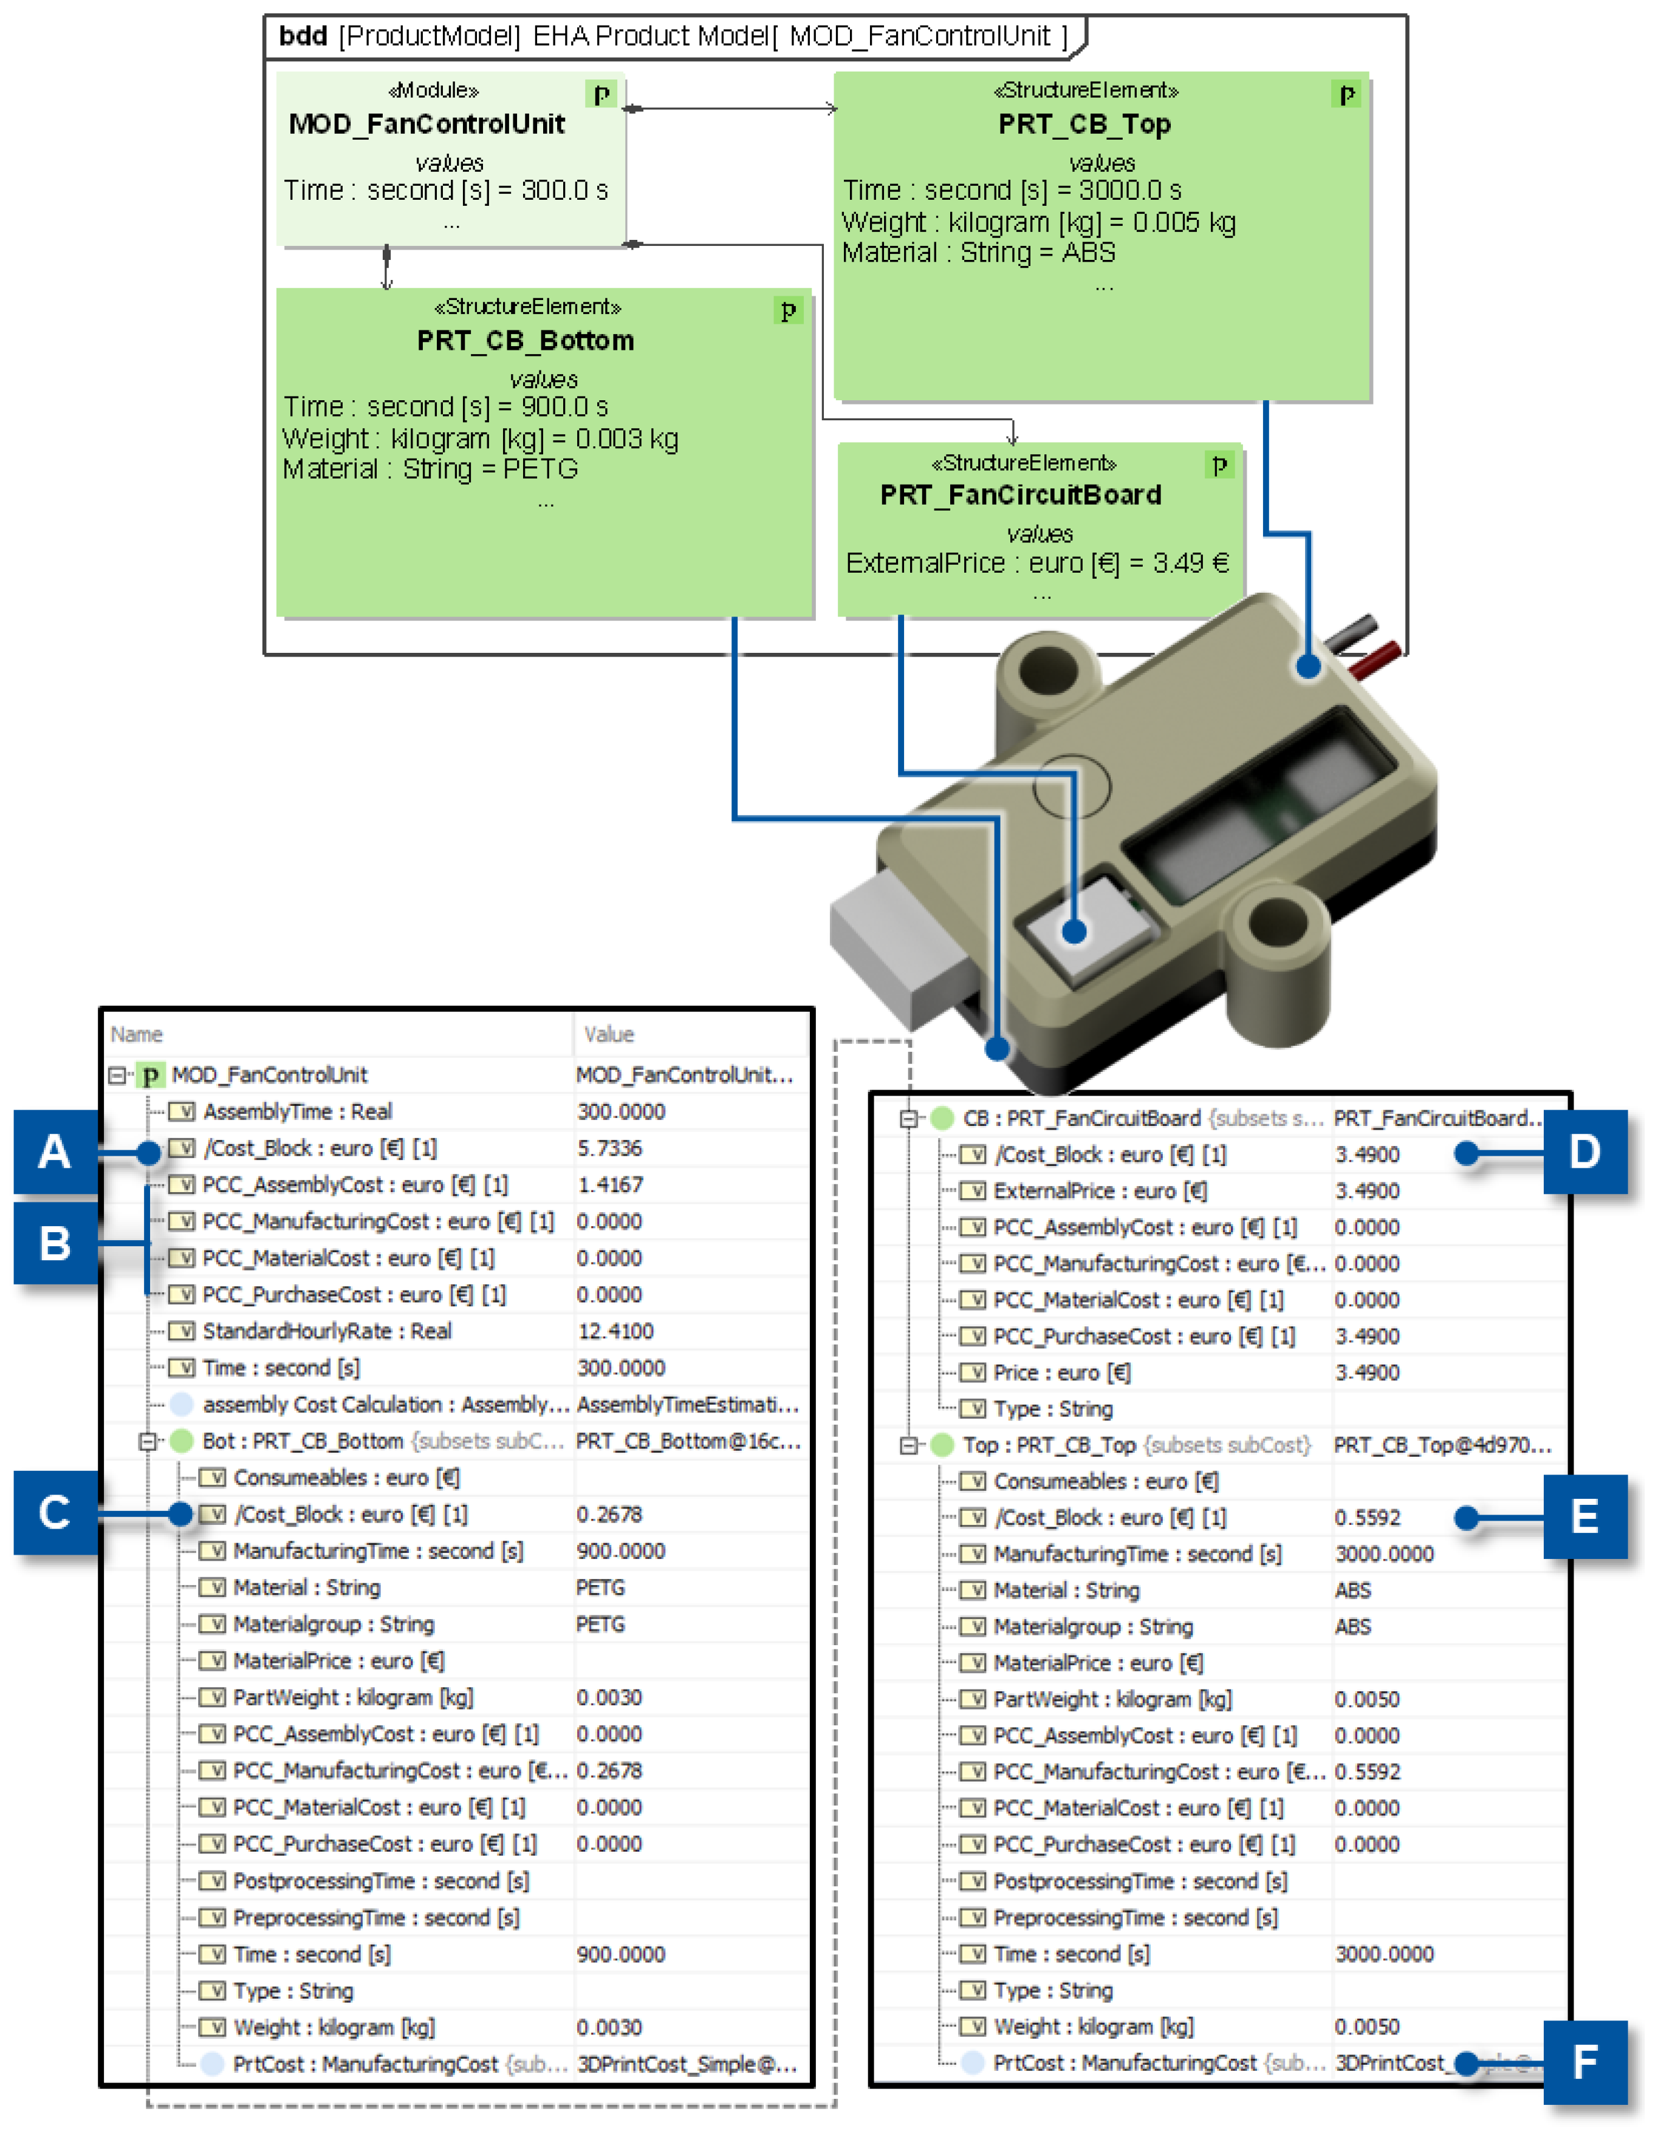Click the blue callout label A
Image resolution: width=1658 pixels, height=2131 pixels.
(55, 1151)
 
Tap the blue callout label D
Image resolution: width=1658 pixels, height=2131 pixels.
(1584, 1151)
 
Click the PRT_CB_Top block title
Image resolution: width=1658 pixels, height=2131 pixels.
(1083, 124)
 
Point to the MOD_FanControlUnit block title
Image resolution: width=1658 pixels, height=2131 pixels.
(426, 124)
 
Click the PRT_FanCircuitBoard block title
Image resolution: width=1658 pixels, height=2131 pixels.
(1020, 495)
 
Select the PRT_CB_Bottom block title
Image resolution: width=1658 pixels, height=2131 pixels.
(525, 341)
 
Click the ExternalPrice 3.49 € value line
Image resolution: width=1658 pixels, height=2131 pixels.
(1036, 563)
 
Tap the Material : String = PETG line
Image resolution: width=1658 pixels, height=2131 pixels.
(430, 469)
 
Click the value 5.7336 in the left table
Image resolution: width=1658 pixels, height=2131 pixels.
(609, 1148)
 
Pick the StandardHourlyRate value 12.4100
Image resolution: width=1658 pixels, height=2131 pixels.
(615, 1331)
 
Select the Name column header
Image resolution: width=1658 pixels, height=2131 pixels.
(137, 1034)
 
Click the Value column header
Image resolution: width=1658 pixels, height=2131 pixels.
(609, 1034)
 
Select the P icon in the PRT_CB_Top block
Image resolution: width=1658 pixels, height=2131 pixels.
(1347, 95)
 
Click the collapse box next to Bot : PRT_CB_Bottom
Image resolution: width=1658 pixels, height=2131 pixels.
(148, 1441)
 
